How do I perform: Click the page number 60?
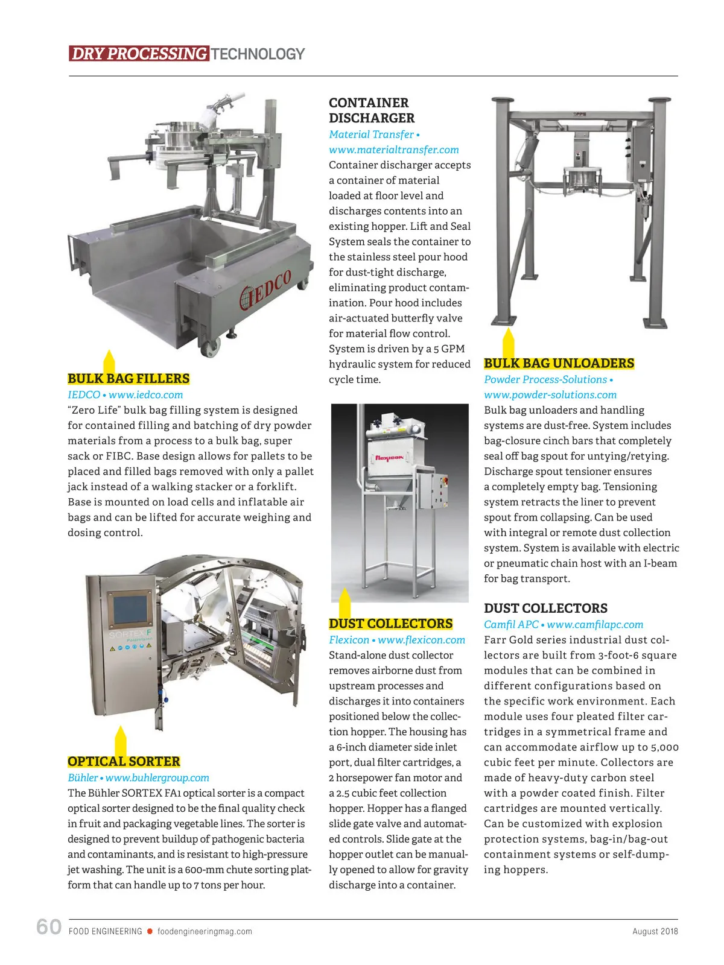(x=49, y=926)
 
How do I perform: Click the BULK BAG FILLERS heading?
(x=129, y=379)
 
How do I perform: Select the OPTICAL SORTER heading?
(x=124, y=762)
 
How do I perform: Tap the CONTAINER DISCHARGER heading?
(x=372, y=110)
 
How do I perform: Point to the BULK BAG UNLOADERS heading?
(x=559, y=363)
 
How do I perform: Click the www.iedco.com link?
(x=145, y=395)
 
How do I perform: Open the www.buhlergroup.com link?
(x=157, y=778)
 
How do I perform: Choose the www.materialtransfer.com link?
(x=393, y=150)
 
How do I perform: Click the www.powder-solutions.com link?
(x=550, y=395)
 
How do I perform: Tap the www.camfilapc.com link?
(x=595, y=625)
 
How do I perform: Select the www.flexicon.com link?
(x=421, y=640)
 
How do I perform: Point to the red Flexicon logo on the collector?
(x=389, y=458)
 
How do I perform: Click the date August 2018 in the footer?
(x=655, y=931)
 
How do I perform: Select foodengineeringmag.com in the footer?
(x=205, y=931)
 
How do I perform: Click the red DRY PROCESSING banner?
(x=139, y=54)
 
